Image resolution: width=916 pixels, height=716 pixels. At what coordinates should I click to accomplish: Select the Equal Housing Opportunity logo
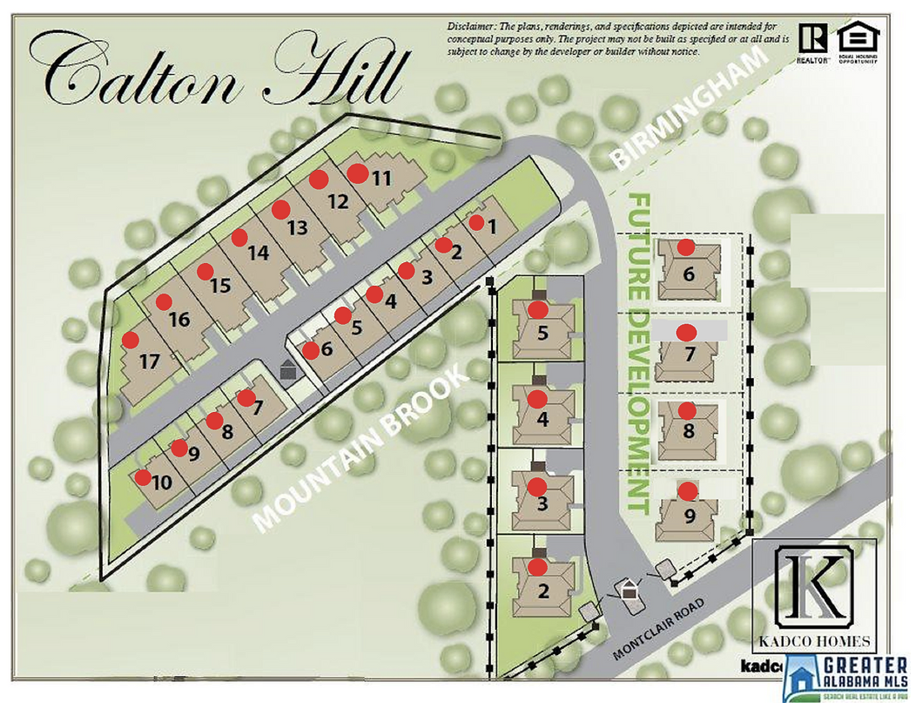[x=858, y=44]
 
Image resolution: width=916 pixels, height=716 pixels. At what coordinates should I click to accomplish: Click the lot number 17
[x=150, y=361]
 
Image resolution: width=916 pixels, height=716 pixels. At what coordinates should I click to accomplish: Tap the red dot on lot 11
[x=357, y=173]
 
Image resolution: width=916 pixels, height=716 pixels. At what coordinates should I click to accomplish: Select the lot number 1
[x=492, y=226]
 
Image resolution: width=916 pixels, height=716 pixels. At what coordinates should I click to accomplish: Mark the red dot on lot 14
[x=239, y=237]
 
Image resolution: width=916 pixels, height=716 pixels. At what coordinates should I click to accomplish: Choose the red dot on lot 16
[x=164, y=302]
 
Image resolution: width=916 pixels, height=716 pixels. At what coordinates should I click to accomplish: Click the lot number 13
[x=297, y=228]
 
